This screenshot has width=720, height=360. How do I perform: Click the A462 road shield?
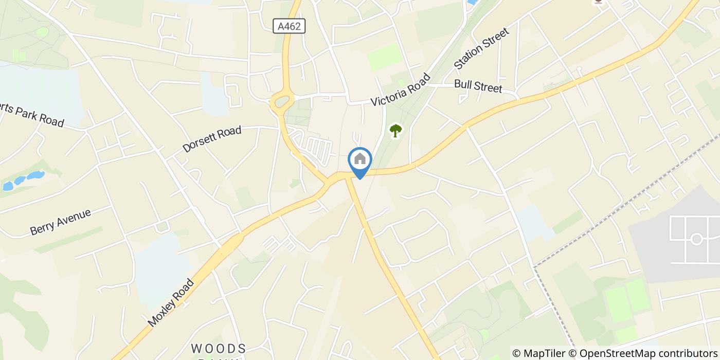pyautogui.click(x=289, y=26)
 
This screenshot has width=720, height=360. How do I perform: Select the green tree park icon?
pyautogui.click(x=395, y=131)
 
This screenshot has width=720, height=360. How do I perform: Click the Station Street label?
pyautogui.click(x=481, y=49)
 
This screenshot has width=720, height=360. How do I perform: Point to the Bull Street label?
pyautogui.click(x=478, y=86)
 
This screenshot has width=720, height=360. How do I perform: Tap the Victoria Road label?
pyautogui.click(x=400, y=90)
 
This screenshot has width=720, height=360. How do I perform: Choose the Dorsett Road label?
pyautogui.click(x=211, y=139)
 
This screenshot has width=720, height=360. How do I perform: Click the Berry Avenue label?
pyautogui.click(x=60, y=222)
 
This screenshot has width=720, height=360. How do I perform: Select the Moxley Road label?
pyautogui.click(x=171, y=302)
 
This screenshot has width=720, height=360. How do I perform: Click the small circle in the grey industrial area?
pyautogui.click(x=696, y=239)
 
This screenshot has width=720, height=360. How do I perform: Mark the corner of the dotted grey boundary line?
pyautogui.click(x=534, y=267)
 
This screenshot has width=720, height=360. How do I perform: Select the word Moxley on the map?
pyautogui.click(x=162, y=313)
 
